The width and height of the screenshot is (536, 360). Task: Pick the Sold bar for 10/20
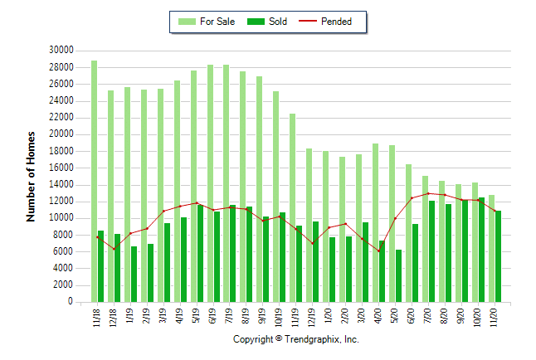pos(481,250)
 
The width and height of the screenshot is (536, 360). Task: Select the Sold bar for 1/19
pos(134,274)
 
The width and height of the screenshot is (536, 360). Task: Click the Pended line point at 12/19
pos(313,243)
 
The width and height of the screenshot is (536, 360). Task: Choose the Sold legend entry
pos(267,22)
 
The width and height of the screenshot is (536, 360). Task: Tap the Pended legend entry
pos(335,22)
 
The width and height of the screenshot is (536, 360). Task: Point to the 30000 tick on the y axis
pos(61,50)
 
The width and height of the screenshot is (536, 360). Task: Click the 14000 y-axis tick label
pos(61,184)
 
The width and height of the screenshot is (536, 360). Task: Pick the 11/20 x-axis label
pos(495,317)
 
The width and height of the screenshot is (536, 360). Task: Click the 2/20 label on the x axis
pos(346,317)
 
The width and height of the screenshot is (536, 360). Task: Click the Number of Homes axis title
pos(31,176)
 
